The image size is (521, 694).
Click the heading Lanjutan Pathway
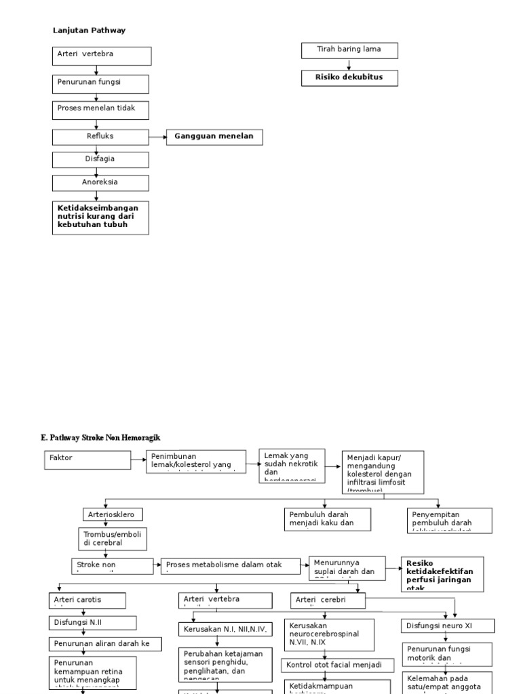pyautogui.click(x=89, y=30)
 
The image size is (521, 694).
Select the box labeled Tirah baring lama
pyautogui.click(x=349, y=51)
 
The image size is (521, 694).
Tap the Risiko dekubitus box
pyautogui.click(x=349, y=78)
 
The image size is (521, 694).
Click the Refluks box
pyautogui.click(x=100, y=138)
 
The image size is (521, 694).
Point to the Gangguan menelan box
pyautogui.click(x=214, y=138)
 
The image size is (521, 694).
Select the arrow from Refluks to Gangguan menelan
pyautogui.click(x=157, y=138)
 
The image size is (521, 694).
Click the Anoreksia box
pyautogui.click(x=100, y=183)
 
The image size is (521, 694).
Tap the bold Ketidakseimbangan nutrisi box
pyautogui.click(x=100, y=217)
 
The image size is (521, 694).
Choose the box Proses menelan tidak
pyautogui.click(x=100, y=110)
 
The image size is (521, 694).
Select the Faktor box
pyautogui.click(x=88, y=460)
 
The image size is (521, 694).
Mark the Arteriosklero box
pyautogui.click(x=113, y=515)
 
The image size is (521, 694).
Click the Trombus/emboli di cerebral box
pyautogui.click(x=111, y=538)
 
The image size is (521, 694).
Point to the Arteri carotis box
pyautogui.click(x=86, y=600)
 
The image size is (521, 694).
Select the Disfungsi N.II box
pyautogui.click(x=92, y=623)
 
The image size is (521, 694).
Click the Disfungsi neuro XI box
pyautogui.click(x=448, y=626)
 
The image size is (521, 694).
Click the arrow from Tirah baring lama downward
pyautogui.click(x=349, y=64)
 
